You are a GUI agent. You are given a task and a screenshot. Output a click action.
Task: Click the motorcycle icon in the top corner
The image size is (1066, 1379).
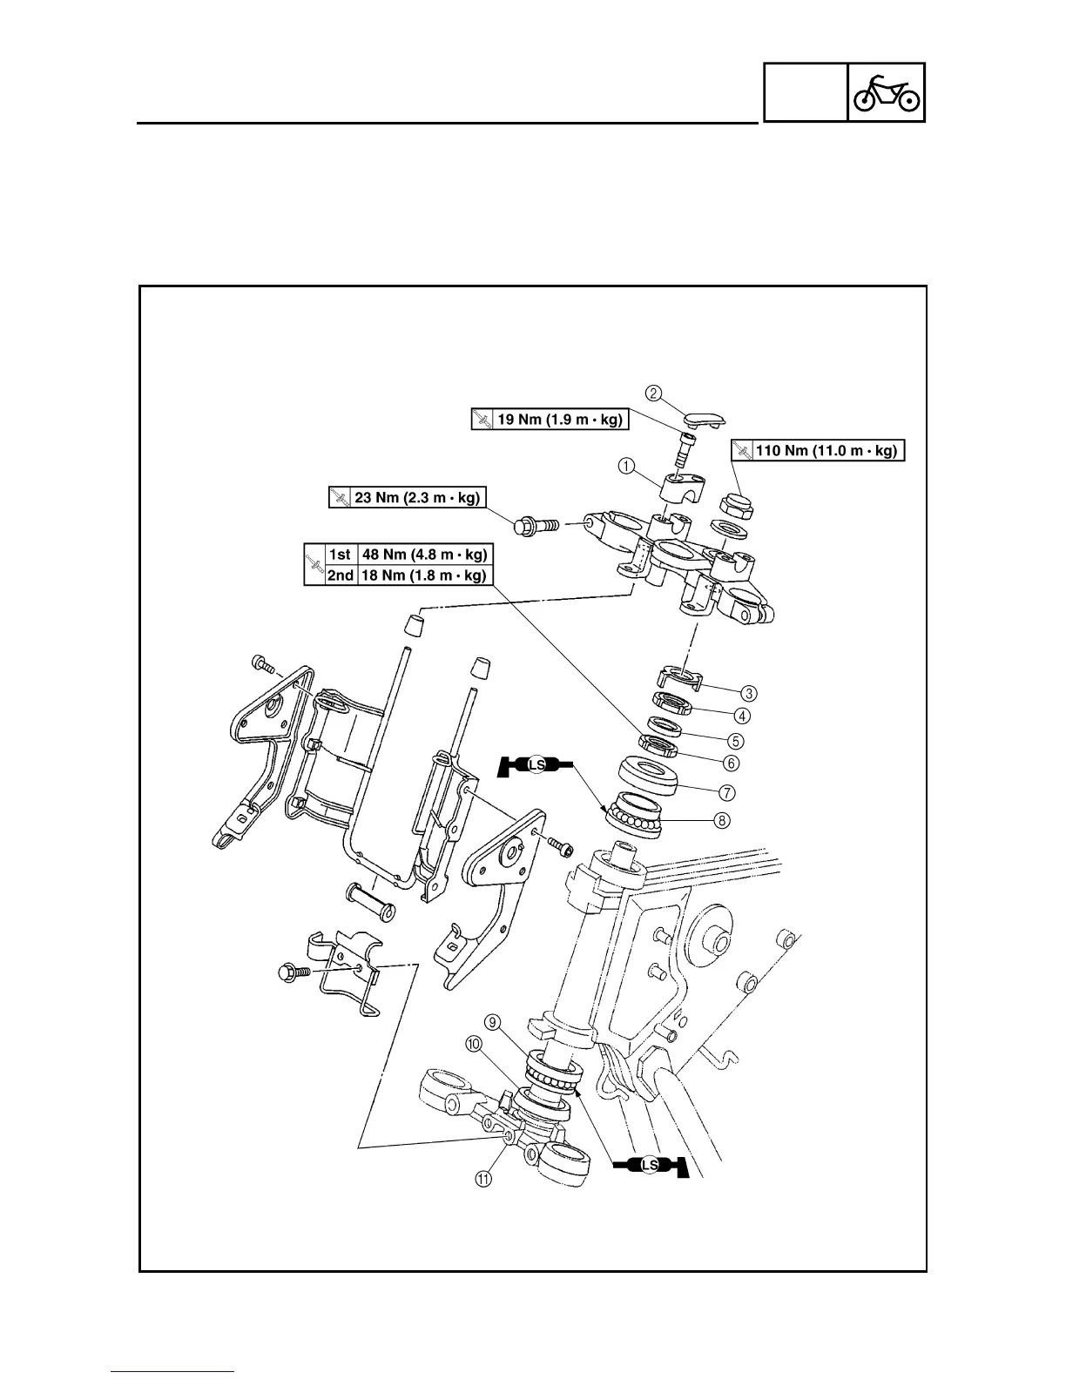click(886, 92)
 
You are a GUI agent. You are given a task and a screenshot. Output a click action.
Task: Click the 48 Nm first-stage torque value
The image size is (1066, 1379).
click(424, 554)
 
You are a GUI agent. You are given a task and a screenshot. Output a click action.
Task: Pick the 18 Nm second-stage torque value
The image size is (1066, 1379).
click(424, 575)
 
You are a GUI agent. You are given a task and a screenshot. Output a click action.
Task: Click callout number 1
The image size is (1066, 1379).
click(626, 466)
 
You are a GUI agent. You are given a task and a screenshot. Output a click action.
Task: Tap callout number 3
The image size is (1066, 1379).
click(749, 694)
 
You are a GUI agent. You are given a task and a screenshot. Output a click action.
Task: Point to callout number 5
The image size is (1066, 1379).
click(736, 741)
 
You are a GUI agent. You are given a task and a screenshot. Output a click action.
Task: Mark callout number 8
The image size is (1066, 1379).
click(721, 820)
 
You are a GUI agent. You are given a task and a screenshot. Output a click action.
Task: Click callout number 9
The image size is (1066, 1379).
click(493, 1022)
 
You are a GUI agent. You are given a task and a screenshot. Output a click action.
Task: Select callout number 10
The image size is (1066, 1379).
click(474, 1045)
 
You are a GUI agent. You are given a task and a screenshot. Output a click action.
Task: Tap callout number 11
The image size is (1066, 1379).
click(482, 1178)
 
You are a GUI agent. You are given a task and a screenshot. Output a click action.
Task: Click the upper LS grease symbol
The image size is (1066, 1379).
click(536, 766)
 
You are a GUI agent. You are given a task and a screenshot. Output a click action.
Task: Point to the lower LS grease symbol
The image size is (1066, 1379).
click(649, 1165)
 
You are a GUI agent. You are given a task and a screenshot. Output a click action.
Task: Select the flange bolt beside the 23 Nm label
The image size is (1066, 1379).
click(533, 526)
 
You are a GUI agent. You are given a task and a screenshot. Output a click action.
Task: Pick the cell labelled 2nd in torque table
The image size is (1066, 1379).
click(340, 575)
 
